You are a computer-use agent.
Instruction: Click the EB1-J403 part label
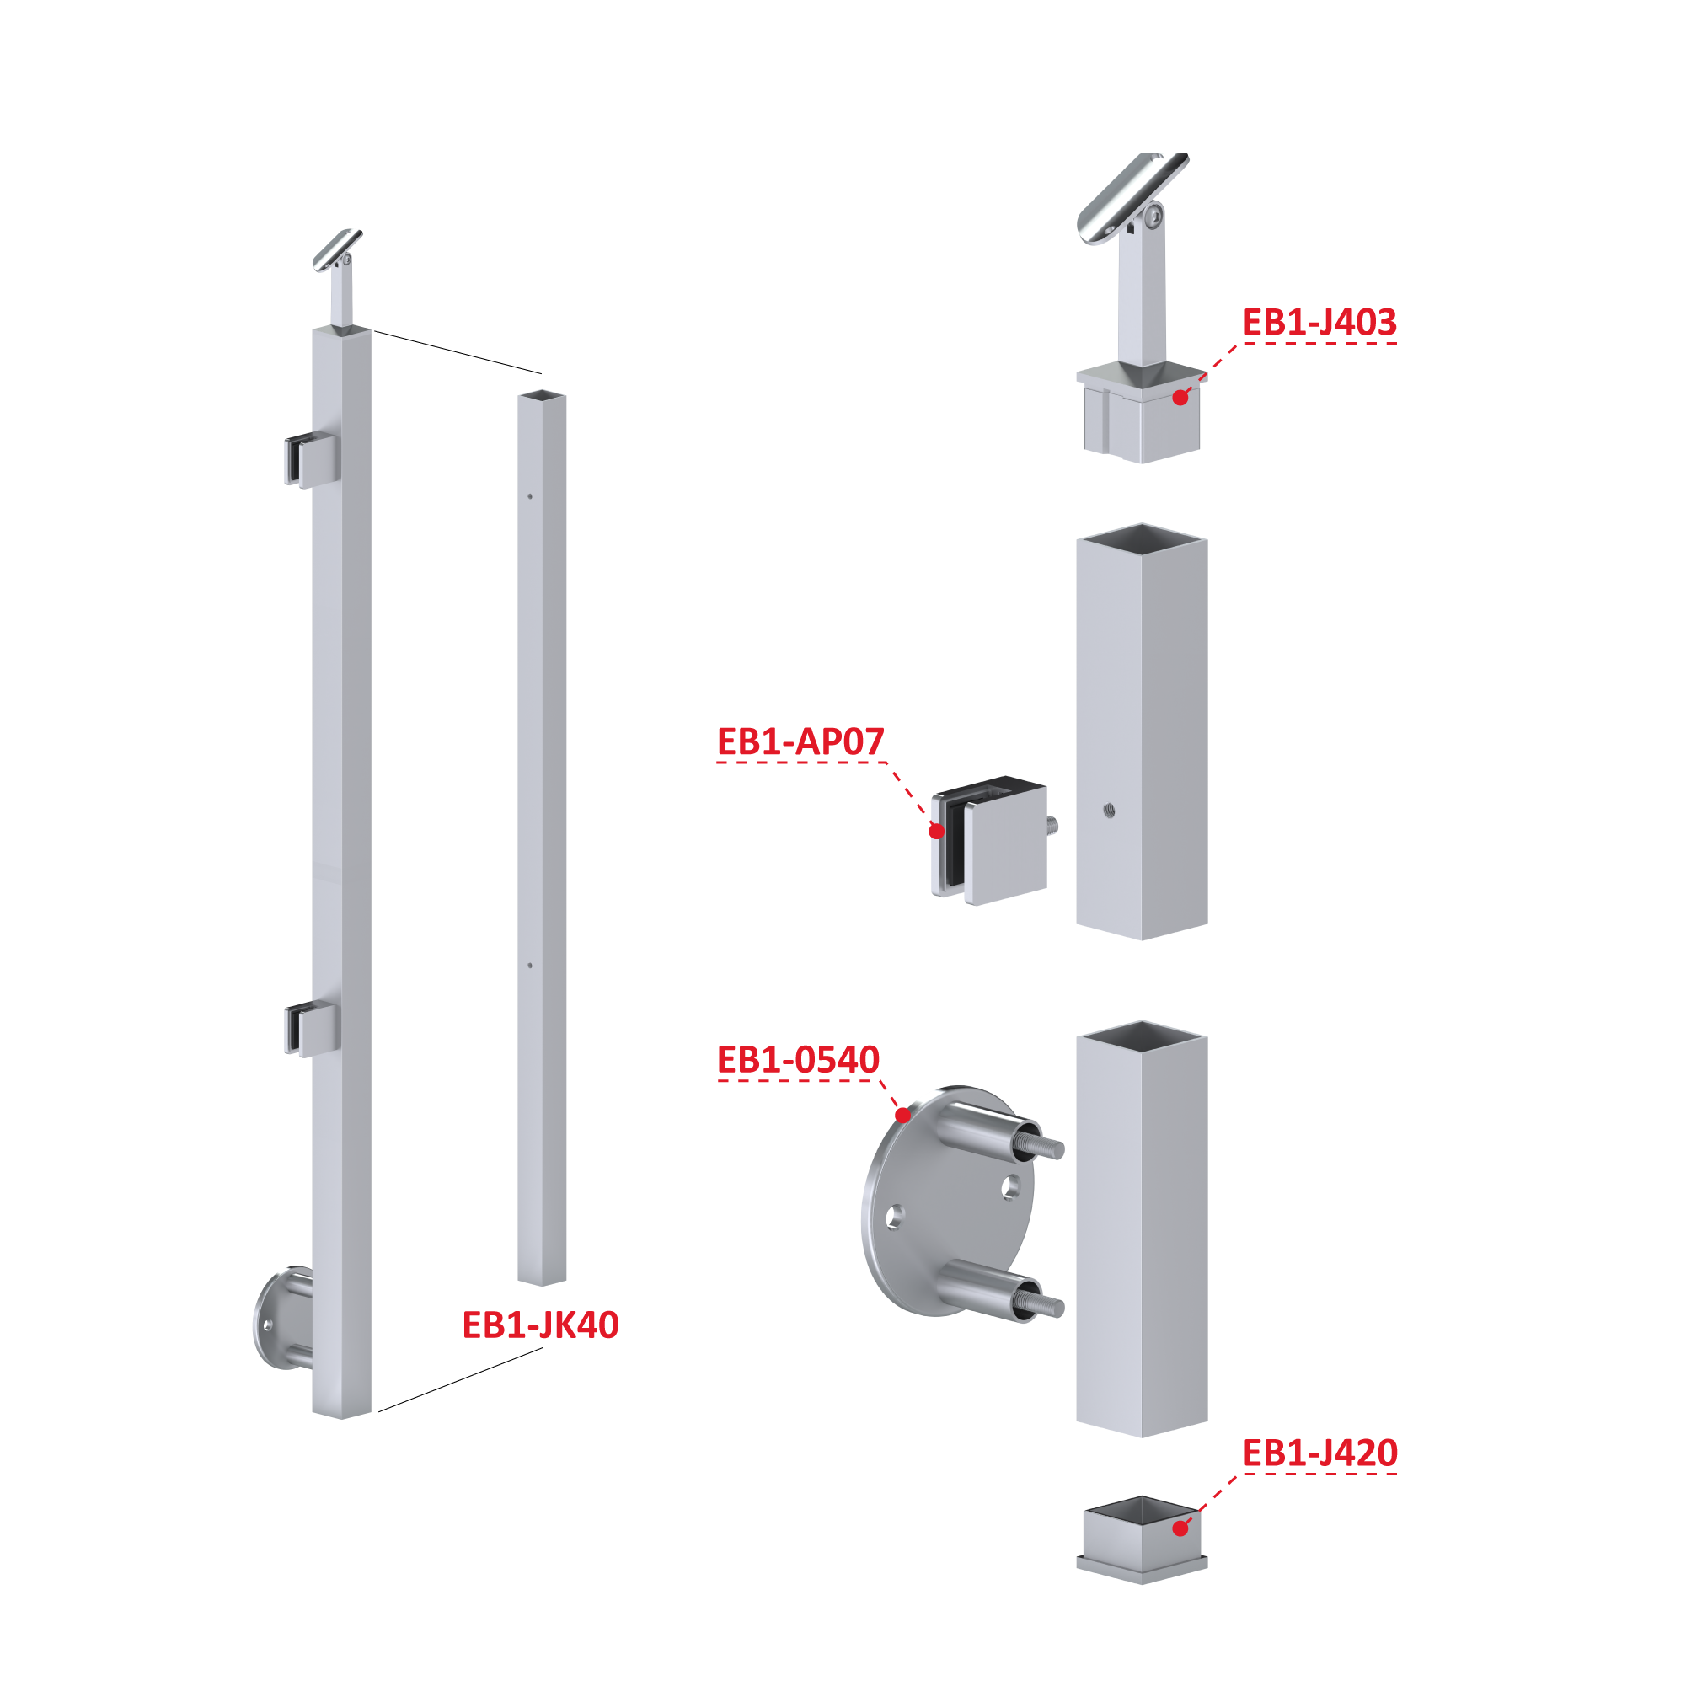pyautogui.click(x=1319, y=322)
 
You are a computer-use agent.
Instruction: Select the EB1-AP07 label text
pyautogui.click(x=800, y=741)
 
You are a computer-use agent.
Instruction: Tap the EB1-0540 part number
pyautogui.click(x=798, y=1059)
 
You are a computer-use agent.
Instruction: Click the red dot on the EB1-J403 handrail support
pyautogui.click(x=1180, y=398)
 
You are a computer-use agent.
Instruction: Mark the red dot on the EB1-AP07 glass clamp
pyautogui.click(x=936, y=831)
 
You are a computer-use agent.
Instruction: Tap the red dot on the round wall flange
pyautogui.click(x=903, y=1115)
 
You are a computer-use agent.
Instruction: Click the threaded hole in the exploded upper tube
pyautogui.click(x=1108, y=811)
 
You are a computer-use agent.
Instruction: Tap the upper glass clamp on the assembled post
pyautogui.click(x=311, y=460)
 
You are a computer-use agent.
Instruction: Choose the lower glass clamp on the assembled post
pyautogui.click(x=311, y=1030)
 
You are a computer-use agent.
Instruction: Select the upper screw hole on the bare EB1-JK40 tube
pyautogui.click(x=530, y=496)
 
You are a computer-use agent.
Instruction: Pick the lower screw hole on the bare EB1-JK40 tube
pyautogui.click(x=530, y=966)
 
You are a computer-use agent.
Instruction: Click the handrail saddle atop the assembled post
pyautogui.click(x=338, y=249)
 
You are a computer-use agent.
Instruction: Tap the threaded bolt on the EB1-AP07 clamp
pyautogui.click(x=1052, y=825)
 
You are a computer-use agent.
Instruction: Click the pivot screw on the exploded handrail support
pyautogui.click(x=1153, y=215)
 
